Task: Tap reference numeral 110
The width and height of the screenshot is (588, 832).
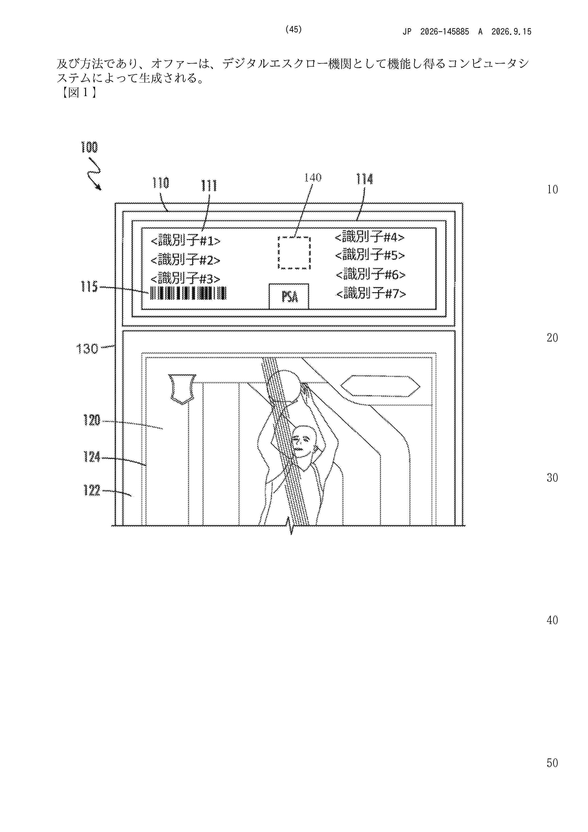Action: [x=161, y=183]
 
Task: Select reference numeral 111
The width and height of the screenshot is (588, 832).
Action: [x=209, y=186]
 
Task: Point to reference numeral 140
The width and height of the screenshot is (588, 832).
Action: [x=313, y=178]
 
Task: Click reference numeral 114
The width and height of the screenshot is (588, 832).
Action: [x=364, y=179]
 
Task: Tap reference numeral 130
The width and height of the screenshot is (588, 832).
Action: [x=87, y=349]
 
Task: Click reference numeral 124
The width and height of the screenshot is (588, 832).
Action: [x=92, y=457]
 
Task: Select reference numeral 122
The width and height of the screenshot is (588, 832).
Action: [x=92, y=491]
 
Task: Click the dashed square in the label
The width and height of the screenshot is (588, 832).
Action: [x=294, y=253]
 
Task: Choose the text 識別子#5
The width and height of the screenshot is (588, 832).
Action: [x=370, y=255]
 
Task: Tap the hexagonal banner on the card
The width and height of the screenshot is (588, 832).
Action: [x=380, y=386]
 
